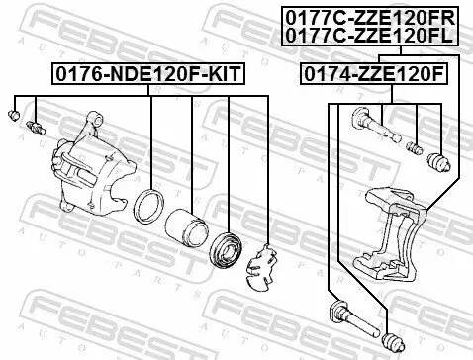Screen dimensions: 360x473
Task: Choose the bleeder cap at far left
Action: click(15, 117)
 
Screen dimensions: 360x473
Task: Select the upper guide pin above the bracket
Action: click(371, 128)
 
